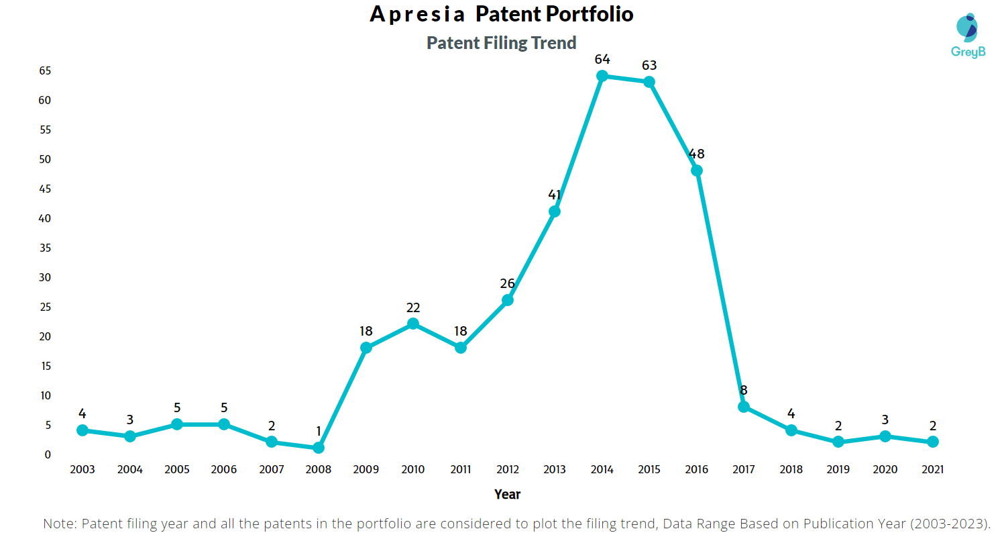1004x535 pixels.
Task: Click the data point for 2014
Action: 602,77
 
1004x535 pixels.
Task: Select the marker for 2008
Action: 318,448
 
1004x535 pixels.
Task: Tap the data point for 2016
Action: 697,171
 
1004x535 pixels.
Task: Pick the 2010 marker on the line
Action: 413,324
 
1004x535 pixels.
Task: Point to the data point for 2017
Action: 744,407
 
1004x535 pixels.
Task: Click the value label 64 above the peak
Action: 602,59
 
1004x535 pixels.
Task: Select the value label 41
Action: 555,195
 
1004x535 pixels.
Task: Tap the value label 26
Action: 508,283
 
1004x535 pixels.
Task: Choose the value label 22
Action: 413,307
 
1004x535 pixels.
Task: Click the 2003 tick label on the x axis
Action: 82,469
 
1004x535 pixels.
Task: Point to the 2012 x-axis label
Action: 508,469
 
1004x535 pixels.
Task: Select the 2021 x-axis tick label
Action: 932,469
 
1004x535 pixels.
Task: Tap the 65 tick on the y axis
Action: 45,71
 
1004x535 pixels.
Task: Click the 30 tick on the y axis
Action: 45,278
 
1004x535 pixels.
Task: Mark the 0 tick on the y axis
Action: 48,454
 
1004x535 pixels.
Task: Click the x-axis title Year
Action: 507,494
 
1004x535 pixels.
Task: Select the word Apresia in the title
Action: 417,14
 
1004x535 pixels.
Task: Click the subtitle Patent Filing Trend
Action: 501,43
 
